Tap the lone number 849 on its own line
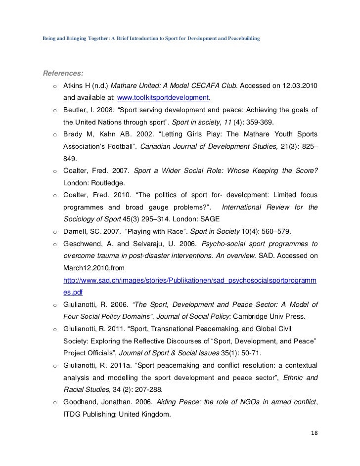(70, 159)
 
